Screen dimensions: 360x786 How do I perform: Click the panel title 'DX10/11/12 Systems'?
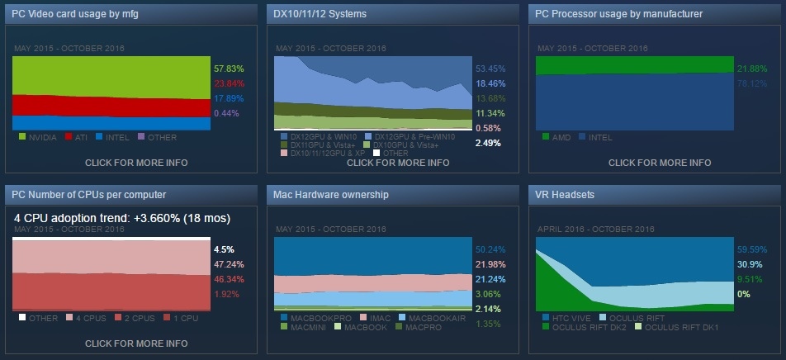click(320, 14)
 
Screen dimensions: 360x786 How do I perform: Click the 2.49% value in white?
click(487, 143)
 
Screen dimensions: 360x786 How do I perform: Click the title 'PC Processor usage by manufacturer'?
click(618, 14)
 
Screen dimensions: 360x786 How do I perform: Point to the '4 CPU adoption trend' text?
click(122, 218)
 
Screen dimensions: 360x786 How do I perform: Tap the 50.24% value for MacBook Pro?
click(488, 249)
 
